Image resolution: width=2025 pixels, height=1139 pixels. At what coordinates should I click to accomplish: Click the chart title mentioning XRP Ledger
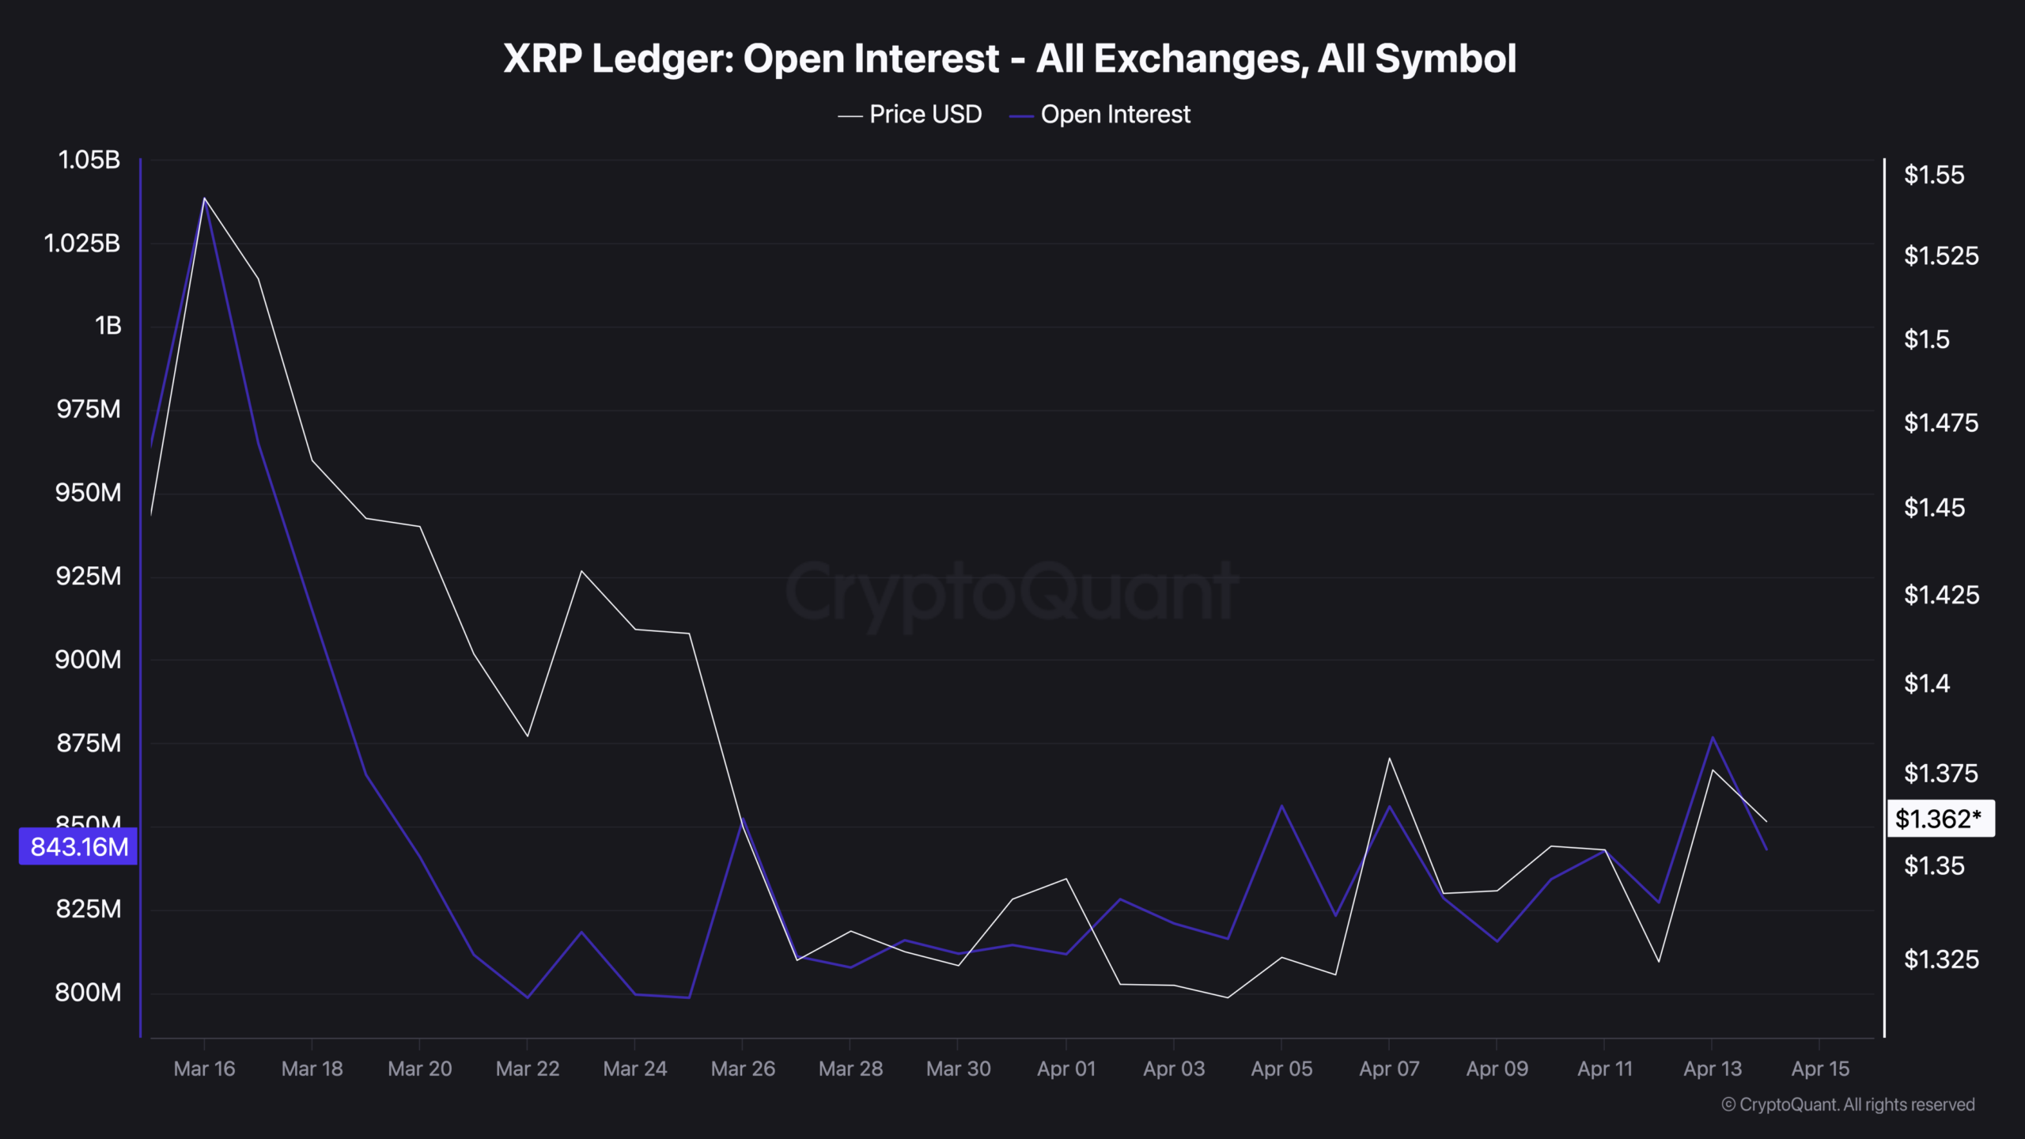1009,59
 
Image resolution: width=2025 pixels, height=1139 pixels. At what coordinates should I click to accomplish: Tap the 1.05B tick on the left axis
89,160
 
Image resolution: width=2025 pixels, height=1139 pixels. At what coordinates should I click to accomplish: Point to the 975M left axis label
89,409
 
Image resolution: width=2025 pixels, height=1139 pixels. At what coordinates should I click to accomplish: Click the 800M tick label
88,992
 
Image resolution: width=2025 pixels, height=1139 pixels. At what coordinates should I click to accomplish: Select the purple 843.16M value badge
78,846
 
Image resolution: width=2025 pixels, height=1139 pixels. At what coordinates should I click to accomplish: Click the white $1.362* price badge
1940,819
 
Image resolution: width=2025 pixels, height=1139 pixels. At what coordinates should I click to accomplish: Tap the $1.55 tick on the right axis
1933,175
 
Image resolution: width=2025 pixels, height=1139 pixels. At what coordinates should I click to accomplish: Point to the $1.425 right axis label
1941,595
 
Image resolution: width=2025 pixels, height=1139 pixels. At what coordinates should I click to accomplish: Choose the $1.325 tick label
1941,959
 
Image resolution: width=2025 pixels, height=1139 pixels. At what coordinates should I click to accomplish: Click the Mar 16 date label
204,1069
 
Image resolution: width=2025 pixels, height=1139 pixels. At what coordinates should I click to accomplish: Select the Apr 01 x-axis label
1066,1069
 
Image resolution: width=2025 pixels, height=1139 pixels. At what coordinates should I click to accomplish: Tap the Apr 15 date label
1820,1069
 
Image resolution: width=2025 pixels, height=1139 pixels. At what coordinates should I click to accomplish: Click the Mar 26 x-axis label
743,1069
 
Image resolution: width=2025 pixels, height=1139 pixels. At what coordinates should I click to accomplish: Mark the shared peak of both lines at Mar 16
204,199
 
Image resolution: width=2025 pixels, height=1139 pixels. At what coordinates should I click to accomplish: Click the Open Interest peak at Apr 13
1713,738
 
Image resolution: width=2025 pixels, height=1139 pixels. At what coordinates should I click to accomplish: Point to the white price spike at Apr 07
1389,759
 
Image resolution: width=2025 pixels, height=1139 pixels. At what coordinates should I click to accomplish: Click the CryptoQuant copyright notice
1848,1104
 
